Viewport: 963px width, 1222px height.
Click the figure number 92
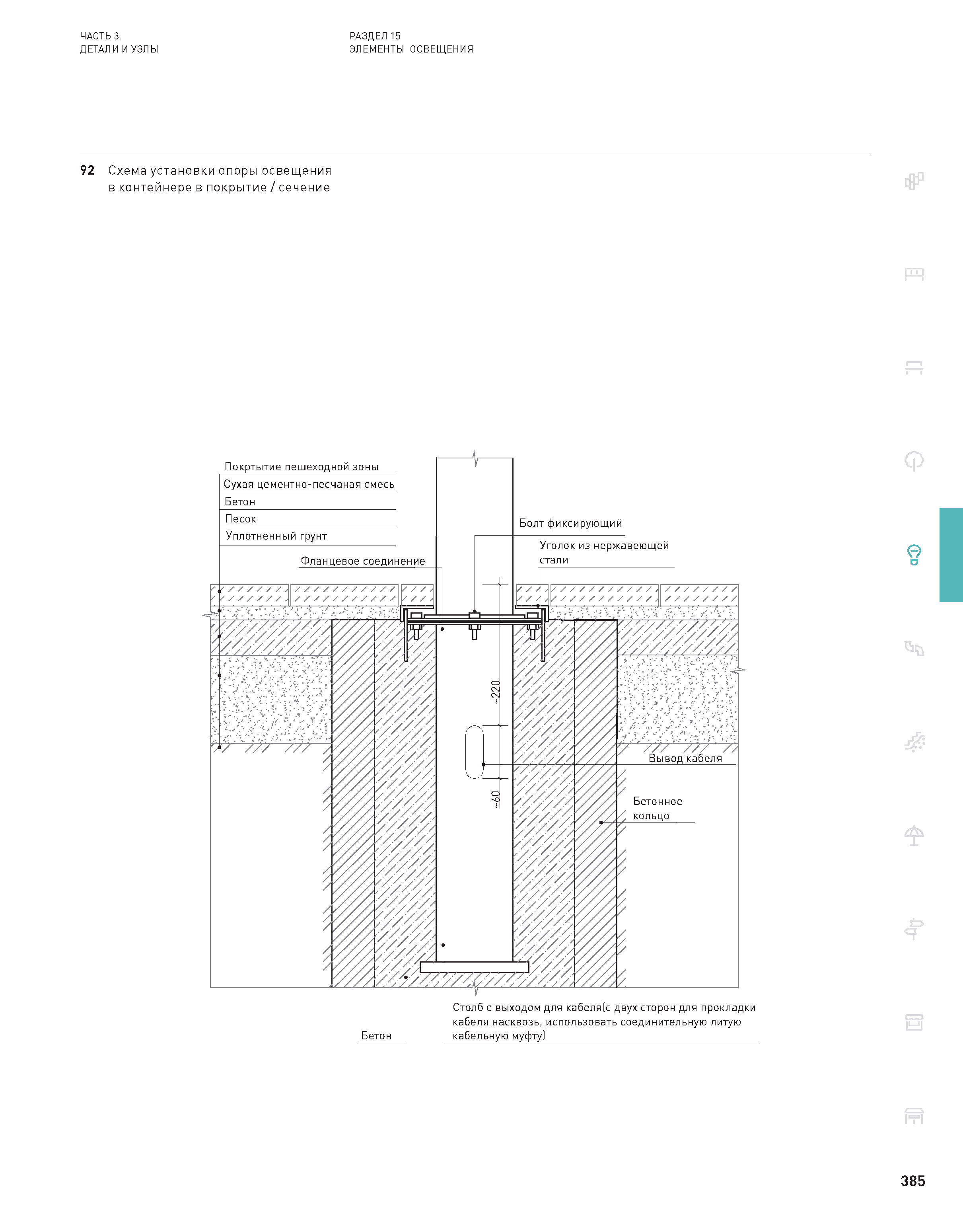pyautogui.click(x=88, y=170)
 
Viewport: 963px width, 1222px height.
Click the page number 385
pyautogui.click(x=913, y=1181)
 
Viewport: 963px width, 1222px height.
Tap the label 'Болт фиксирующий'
pyautogui.click(x=570, y=523)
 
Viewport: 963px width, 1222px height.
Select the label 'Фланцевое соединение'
pyautogui.click(x=362, y=561)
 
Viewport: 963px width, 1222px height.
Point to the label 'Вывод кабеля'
pyautogui.click(x=685, y=758)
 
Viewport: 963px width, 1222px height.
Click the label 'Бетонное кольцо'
pyautogui.click(x=658, y=808)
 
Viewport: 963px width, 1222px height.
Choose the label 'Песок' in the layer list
pyautogui.click(x=241, y=519)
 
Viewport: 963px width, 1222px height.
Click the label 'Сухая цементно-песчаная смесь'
pyautogui.click(x=309, y=484)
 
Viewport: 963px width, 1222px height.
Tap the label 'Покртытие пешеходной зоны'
pyautogui.click(x=302, y=466)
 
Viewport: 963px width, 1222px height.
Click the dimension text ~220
pyautogui.click(x=496, y=692)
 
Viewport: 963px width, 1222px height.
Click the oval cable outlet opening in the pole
pyautogui.click(x=475, y=752)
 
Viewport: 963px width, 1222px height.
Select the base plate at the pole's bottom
pyautogui.click(x=474, y=967)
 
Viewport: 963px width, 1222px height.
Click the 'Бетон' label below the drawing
pyautogui.click(x=376, y=1035)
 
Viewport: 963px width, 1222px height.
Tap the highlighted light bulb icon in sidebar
pyautogui.click(x=914, y=554)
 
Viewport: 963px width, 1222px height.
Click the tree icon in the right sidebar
pyautogui.click(x=914, y=461)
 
